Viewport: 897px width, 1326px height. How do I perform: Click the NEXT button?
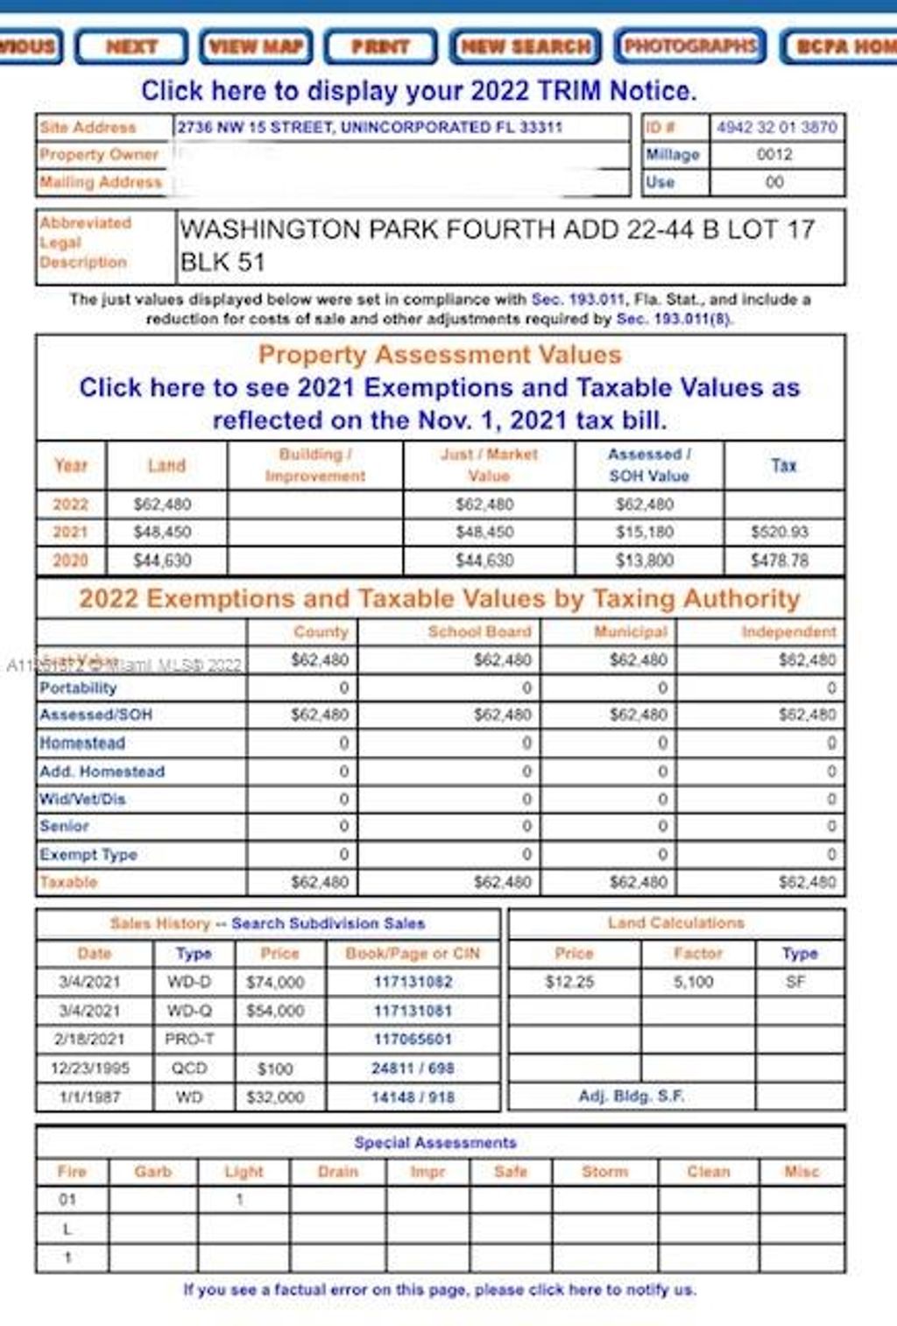pyautogui.click(x=131, y=46)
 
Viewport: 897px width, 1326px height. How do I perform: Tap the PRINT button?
pyautogui.click(x=380, y=46)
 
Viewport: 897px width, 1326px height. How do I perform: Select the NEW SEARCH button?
pyautogui.click(x=526, y=46)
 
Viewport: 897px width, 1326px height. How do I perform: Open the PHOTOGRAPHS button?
pyautogui.click(x=690, y=46)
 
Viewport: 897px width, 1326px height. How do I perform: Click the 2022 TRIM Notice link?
pyautogui.click(x=419, y=90)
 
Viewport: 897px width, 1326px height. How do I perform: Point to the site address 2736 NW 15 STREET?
pyautogui.click(x=369, y=127)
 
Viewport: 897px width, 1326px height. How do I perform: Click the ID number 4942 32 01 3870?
pyautogui.click(x=777, y=127)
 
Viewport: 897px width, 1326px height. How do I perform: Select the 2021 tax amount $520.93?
pyautogui.click(x=780, y=532)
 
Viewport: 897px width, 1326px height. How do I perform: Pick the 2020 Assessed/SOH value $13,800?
pyautogui.click(x=645, y=560)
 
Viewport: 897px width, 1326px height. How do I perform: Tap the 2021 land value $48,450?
pyautogui.click(x=162, y=532)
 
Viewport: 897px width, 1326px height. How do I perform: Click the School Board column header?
pyautogui.click(x=479, y=631)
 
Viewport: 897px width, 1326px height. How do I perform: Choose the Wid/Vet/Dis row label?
pyautogui.click(x=82, y=799)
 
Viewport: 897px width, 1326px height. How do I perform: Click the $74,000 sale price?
pyautogui.click(x=275, y=982)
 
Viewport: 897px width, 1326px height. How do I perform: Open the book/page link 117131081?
pyautogui.click(x=413, y=1011)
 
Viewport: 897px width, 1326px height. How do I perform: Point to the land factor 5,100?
pyautogui.click(x=693, y=982)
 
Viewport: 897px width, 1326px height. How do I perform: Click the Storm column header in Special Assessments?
pyautogui.click(x=604, y=1171)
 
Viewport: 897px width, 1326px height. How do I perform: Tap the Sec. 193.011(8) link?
pyautogui.click(x=673, y=319)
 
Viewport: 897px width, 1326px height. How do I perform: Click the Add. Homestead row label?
pyautogui.click(x=102, y=772)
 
